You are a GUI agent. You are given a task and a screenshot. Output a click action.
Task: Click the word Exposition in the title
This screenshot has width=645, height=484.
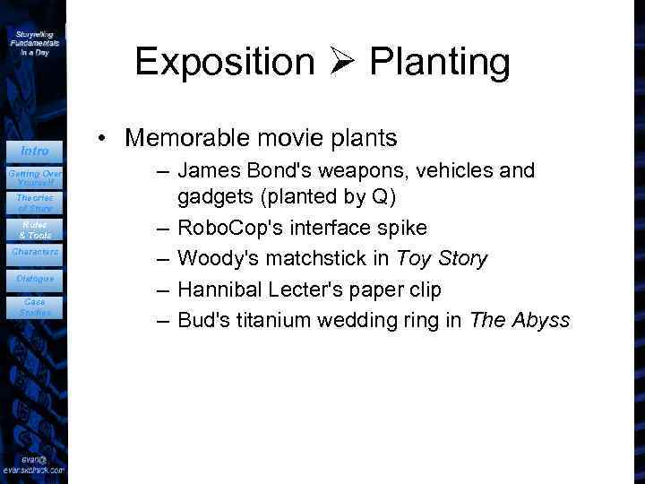pyautogui.click(x=225, y=62)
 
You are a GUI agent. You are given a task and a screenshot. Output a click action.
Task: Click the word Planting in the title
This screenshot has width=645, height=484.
pyautogui.click(x=439, y=62)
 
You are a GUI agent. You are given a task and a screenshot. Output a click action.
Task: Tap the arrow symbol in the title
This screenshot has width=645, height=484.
pyautogui.click(x=342, y=62)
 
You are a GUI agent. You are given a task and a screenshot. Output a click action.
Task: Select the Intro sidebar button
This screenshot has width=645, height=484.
pyautogui.click(x=34, y=151)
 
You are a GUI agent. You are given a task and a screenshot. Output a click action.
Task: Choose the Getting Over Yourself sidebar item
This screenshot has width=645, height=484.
pyautogui.click(x=34, y=177)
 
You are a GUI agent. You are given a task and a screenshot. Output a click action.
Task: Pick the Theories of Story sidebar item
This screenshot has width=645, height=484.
pyautogui.click(x=34, y=203)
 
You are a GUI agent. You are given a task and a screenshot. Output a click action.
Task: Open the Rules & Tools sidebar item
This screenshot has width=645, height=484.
pyautogui.click(x=34, y=229)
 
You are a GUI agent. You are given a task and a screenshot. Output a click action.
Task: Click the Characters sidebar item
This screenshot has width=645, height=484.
pyautogui.click(x=34, y=252)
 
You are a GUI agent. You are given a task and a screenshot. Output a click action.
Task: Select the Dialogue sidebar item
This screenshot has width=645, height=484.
pyautogui.click(x=34, y=279)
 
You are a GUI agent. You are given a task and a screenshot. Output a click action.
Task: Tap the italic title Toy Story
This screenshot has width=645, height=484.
pyautogui.click(x=442, y=259)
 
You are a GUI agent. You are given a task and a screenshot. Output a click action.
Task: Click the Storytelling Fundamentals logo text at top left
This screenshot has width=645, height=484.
pyautogui.click(x=34, y=42)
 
